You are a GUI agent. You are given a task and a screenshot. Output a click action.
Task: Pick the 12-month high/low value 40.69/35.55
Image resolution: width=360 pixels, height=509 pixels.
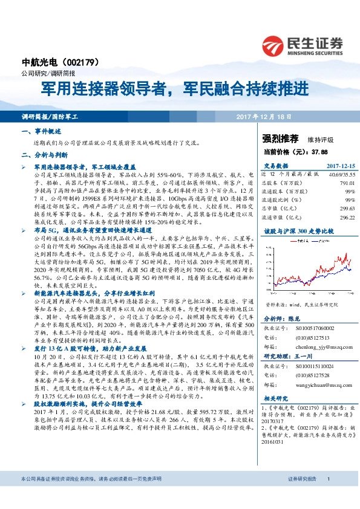(x=341, y=173)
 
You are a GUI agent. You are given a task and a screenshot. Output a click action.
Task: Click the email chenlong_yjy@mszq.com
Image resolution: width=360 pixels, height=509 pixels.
(x=316, y=346)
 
